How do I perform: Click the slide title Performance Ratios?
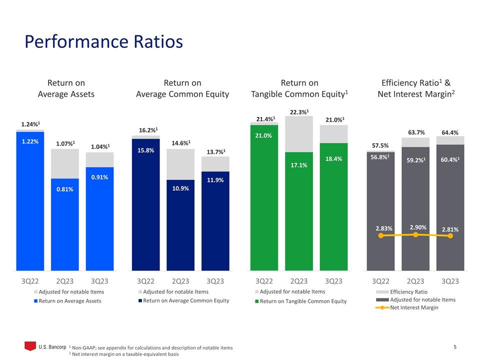coord(104,42)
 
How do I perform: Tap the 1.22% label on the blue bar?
coord(30,141)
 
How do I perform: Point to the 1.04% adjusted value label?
coord(99,146)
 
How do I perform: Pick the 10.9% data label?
coord(180,188)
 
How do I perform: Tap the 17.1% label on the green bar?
coord(299,165)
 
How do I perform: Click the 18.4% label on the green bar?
coord(333,158)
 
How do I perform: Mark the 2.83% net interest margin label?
coord(384,228)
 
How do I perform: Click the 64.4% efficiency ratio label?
coord(450,132)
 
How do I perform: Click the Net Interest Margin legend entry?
coord(413,307)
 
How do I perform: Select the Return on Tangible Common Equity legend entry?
coord(303,301)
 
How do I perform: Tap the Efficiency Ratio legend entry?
coord(408,291)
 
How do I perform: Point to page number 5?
coord(455,346)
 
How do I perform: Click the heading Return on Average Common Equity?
coord(182,88)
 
